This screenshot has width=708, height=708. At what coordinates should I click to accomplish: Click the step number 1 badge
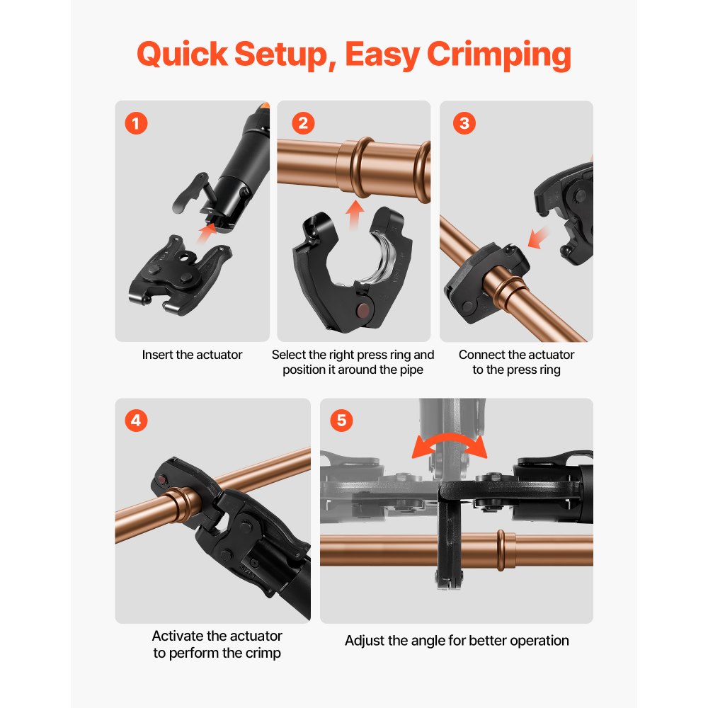pyautogui.click(x=136, y=123)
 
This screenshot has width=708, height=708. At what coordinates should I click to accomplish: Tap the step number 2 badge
pyautogui.click(x=302, y=123)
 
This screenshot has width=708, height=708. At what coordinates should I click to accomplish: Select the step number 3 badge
pyautogui.click(x=464, y=123)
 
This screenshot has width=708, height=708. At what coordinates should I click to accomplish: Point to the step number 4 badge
pyautogui.click(x=136, y=421)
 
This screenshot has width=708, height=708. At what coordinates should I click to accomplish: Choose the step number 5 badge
pyautogui.click(x=341, y=421)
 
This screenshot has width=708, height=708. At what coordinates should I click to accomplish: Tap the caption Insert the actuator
pyautogui.click(x=192, y=355)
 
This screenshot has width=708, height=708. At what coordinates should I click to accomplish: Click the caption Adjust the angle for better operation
pyautogui.click(x=457, y=641)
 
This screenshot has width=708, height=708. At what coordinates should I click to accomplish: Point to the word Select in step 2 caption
pyautogui.click(x=289, y=355)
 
